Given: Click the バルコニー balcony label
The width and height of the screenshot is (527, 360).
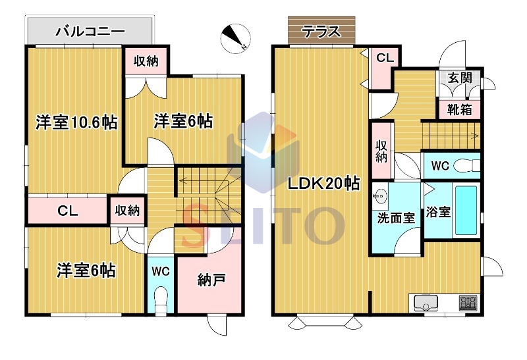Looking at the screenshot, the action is point(90,32).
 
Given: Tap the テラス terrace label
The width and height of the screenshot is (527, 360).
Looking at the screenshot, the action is point(321,32).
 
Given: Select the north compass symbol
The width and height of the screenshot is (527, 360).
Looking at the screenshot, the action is point(236,38).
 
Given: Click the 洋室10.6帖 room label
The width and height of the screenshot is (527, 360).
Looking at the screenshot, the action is point(76,122).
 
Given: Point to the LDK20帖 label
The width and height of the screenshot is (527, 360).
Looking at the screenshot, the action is point(323,184).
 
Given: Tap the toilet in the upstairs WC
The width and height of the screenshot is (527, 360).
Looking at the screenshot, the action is point(161,301).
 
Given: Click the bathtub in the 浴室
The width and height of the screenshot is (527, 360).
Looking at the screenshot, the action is point(466,211).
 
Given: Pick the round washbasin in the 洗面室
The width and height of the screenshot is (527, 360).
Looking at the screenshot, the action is point(381,195).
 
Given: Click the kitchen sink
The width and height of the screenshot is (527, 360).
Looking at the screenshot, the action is point(426,303).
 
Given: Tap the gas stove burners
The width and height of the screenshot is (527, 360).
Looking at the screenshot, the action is point(468,302).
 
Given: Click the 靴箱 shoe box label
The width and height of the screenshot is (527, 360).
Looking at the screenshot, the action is point(459,109).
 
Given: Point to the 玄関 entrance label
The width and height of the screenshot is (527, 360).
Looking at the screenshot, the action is point(459,78).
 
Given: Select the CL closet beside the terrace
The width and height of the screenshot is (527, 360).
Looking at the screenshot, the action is point(385,58).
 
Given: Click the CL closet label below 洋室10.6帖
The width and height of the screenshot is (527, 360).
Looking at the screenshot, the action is point(68,211).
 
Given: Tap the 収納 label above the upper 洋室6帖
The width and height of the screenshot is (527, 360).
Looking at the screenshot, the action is point(146,61).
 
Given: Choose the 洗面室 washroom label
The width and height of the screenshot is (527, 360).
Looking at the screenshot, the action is point(396,219).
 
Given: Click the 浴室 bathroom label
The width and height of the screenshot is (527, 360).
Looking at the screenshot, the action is point(438,212).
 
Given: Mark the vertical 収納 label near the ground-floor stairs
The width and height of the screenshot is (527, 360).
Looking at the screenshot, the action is point(381,151).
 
